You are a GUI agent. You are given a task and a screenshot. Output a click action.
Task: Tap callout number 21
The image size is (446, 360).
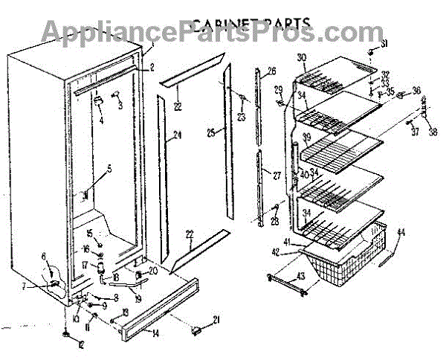pyautogui.click(x=217, y=321)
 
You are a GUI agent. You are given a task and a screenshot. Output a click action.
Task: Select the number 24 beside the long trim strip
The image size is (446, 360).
pyautogui.click(x=178, y=135)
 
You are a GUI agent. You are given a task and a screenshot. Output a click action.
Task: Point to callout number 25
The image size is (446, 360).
pyautogui.click(x=211, y=133)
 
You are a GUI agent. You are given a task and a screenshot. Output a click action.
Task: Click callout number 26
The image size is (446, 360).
pyautogui.click(x=271, y=71)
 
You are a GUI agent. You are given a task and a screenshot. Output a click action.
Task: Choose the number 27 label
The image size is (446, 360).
pyautogui.click(x=277, y=176)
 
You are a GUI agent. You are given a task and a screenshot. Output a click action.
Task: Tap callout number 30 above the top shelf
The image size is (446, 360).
pyautogui.click(x=301, y=58)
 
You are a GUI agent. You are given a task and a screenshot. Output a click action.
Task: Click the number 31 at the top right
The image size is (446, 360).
pyautogui.click(x=384, y=45)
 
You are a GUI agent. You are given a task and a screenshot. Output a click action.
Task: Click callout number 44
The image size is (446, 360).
pyautogui.click(x=401, y=233)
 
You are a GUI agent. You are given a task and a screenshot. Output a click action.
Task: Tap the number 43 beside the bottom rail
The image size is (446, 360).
pyautogui.click(x=300, y=277)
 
